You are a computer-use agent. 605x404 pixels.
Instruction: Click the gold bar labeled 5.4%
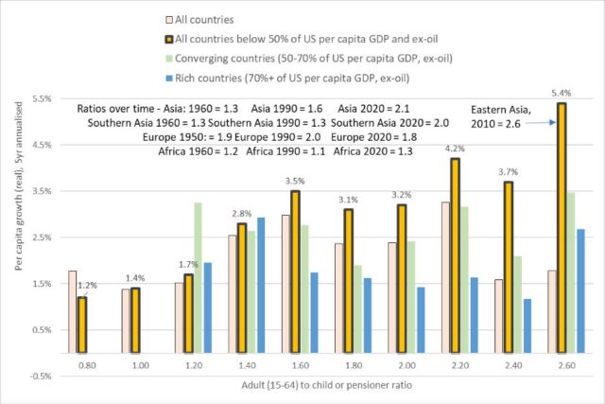coord(562,228)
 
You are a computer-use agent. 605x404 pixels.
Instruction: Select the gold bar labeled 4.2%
coord(456,255)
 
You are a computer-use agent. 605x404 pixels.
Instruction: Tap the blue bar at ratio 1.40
coord(261,286)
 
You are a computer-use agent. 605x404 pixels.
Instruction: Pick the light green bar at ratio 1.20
coord(198,278)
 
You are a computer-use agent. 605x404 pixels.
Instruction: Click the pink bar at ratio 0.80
coord(73,312)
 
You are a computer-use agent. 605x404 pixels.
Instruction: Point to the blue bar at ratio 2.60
coord(580,291)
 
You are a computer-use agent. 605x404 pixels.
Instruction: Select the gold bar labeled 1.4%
coord(135,321)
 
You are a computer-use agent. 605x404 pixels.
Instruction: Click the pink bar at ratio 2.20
coord(445,278)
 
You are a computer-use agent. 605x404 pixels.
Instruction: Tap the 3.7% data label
coord(508,172)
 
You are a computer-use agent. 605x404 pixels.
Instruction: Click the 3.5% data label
coord(295,181)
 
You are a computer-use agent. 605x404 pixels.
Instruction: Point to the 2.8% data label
coord(242,214)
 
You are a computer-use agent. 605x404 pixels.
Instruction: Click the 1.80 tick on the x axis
coord(354,365)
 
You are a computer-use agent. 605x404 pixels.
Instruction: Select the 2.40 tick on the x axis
coord(513,365)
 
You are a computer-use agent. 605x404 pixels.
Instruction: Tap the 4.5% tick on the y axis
coord(42,145)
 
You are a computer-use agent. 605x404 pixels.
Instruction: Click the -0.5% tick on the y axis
coord(41,377)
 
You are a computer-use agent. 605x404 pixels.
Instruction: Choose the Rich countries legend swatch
coord(169,79)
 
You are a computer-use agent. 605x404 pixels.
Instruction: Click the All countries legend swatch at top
coord(169,20)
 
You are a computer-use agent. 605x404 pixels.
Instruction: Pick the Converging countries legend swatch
coord(169,59)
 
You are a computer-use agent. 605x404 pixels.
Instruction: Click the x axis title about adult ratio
coord(326,385)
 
